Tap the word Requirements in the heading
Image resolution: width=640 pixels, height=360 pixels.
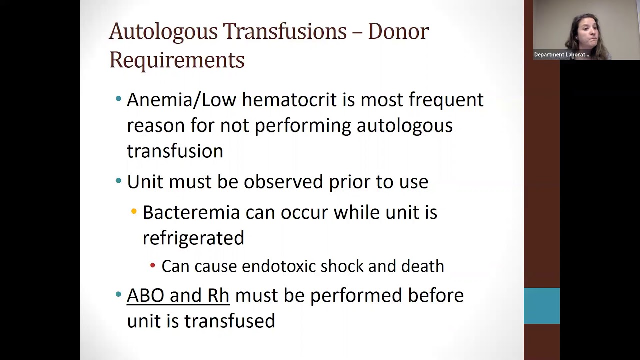pos(177,60)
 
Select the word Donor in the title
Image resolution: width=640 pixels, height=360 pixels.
pos(398,31)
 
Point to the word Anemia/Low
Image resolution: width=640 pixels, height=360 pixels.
pos(181,100)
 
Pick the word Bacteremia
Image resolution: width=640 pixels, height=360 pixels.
pos(191,212)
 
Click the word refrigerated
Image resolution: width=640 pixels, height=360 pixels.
pos(193,238)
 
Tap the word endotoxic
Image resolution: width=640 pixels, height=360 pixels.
pos(278,266)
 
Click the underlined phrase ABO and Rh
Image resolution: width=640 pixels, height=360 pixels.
pos(178,295)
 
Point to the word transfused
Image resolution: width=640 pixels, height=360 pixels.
pos(229,321)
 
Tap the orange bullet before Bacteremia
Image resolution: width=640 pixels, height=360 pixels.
pos(134,212)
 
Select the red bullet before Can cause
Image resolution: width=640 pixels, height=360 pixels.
pos(153,266)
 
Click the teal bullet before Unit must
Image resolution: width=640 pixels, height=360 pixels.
pos(118,181)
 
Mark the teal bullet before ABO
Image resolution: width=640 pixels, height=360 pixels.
pos(118,294)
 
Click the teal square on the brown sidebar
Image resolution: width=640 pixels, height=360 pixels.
pos(541,306)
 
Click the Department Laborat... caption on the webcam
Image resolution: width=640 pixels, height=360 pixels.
pos(561,55)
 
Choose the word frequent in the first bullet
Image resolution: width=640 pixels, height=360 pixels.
pos(446,100)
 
